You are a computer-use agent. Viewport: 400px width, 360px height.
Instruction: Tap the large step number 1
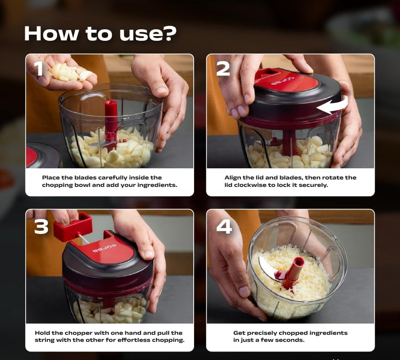(x=39, y=69)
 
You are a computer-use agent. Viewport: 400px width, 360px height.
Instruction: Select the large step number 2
(x=223, y=69)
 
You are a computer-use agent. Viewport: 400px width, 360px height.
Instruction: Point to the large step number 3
(x=41, y=227)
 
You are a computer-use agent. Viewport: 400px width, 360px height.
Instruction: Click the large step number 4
(x=224, y=227)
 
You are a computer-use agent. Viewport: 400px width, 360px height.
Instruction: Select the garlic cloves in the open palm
(x=71, y=72)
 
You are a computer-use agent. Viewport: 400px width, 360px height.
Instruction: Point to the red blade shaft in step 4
(x=293, y=273)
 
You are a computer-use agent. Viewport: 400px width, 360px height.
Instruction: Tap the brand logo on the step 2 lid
(x=282, y=81)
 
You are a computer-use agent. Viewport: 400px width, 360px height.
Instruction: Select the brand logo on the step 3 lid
(x=104, y=248)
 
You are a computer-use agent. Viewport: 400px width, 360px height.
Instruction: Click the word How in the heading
(x=51, y=33)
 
